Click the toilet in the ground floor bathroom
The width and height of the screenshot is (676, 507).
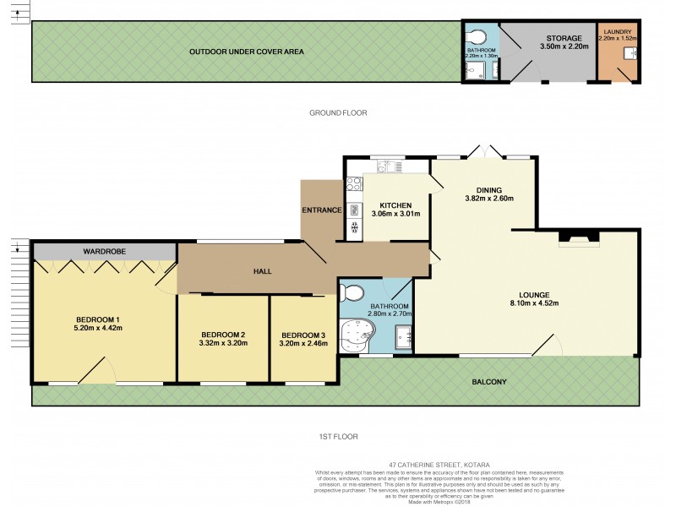[x=478, y=38]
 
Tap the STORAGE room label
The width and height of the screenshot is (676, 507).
[x=564, y=38]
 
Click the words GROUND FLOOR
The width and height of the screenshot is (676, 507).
[x=338, y=112]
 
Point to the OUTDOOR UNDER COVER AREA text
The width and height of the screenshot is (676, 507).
[x=246, y=52]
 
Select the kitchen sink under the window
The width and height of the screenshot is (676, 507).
[x=388, y=167]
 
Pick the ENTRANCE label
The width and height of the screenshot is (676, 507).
[x=321, y=210]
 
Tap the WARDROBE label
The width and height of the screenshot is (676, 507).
[x=104, y=252]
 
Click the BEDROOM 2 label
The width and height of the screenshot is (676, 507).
[x=223, y=334]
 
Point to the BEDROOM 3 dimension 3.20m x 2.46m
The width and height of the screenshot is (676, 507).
[x=303, y=344]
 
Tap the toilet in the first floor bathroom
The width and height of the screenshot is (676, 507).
[x=352, y=293]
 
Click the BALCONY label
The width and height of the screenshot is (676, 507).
[x=490, y=382]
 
